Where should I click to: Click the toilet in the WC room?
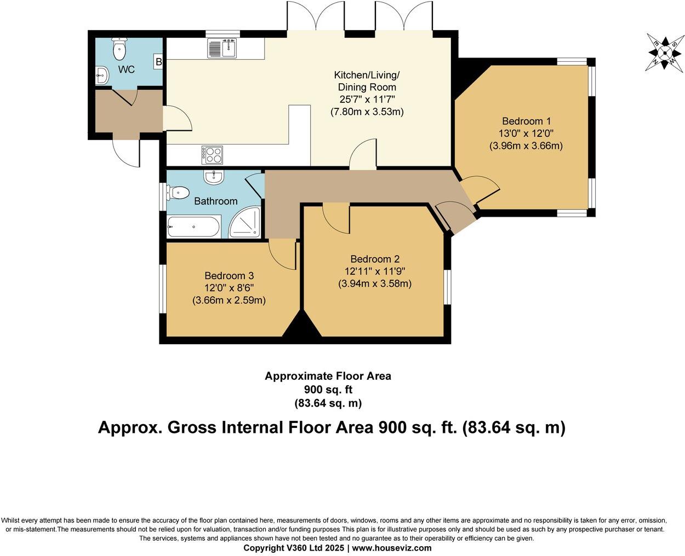tap(119, 49)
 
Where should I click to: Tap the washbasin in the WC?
tap(102, 76)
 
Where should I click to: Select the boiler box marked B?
tap(158, 61)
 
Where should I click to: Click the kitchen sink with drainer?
tap(222, 48)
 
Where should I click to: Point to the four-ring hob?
tap(212, 155)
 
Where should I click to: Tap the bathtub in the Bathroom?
tap(193, 227)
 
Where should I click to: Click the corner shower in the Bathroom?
tap(244, 222)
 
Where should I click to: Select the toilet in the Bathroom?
tap(178, 193)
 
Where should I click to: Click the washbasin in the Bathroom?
tap(213, 177)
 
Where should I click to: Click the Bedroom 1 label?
tap(526, 121)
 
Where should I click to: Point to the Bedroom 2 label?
tap(375, 259)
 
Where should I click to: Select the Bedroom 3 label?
tap(229, 276)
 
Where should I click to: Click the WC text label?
tap(127, 69)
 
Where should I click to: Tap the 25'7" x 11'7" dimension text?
tap(367, 99)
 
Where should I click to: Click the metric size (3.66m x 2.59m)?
tap(229, 300)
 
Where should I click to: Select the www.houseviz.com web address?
tap(392, 548)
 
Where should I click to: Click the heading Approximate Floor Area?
tap(328, 376)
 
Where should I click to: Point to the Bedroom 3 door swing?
tap(282, 256)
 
